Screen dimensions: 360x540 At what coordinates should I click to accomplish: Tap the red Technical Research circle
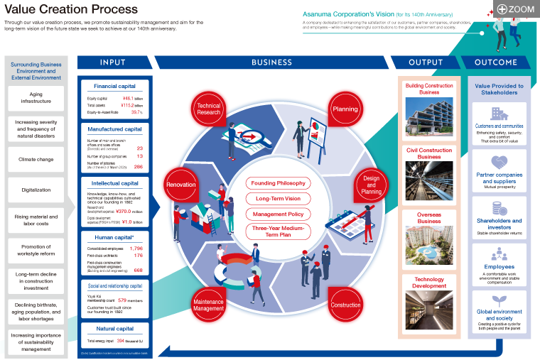pos(209,109)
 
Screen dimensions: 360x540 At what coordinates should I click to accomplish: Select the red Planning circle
pos(345,109)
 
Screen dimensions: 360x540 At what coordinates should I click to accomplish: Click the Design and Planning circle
pos(371,185)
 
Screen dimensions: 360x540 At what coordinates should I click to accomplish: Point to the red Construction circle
pos(345,305)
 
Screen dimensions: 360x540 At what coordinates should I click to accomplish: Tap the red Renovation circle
pos(180,185)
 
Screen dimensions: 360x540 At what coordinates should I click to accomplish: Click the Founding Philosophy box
pos(277,183)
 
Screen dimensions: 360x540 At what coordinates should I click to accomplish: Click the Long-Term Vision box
pos(277,199)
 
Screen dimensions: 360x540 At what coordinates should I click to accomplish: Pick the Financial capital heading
pos(114,86)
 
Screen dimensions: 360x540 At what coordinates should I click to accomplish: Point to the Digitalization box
pos(36,190)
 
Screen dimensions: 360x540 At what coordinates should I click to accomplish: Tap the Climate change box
pos(36,159)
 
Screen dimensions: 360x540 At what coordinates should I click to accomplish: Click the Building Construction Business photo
pos(429,117)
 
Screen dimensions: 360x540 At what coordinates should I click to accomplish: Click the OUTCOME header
pos(495,62)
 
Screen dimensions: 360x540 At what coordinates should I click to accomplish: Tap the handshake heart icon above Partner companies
pos(499,163)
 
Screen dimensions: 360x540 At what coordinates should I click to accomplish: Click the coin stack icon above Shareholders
pos(499,208)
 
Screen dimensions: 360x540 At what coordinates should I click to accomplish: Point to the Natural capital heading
pos(114,329)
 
